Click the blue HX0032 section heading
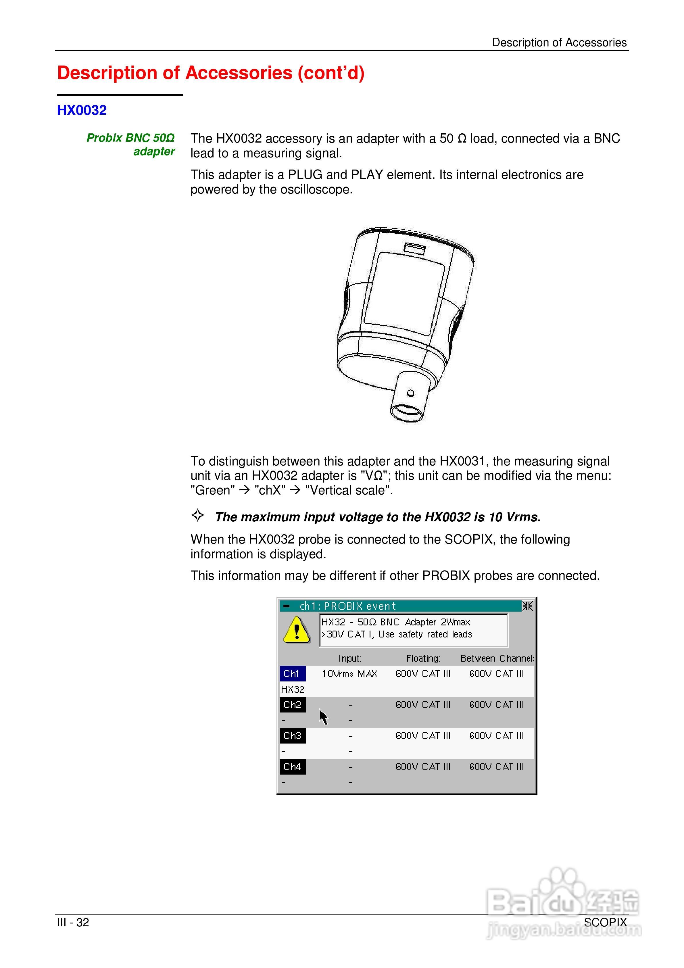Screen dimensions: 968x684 coord(82,110)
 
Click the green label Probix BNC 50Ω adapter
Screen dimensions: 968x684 coord(131,144)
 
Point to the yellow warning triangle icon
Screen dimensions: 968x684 coord(297,630)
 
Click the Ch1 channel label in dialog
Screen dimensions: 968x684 coord(292,674)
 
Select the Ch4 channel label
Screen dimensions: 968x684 coord(292,767)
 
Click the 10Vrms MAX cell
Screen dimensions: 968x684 coord(349,674)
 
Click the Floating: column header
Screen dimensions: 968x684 coord(423,658)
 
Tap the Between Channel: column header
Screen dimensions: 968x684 coord(497,658)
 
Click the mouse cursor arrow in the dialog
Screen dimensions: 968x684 coord(323,717)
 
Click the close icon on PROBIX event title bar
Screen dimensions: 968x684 coord(527,606)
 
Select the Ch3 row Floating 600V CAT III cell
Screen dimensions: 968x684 coord(423,736)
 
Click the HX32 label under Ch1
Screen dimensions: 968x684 coord(292,689)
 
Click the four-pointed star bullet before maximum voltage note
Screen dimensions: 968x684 coord(198,515)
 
